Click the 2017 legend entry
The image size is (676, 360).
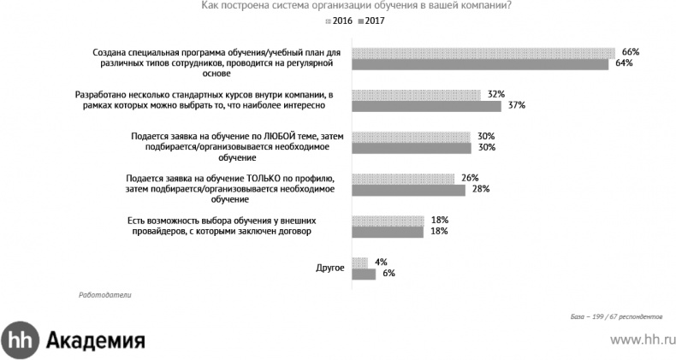[372, 21]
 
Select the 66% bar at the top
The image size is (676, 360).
[484, 52]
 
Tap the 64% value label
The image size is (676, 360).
[620, 63]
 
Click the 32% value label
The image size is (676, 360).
[495, 94]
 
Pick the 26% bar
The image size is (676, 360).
[404, 178]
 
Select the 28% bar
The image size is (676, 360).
[409, 190]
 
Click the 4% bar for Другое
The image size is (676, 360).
[360, 262]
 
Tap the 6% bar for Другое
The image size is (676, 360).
[364, 274]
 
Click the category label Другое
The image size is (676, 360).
[330, 268]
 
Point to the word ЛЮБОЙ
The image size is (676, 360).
[264, 136]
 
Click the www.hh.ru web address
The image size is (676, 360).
[639, 340]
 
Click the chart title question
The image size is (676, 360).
[357, 6]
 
